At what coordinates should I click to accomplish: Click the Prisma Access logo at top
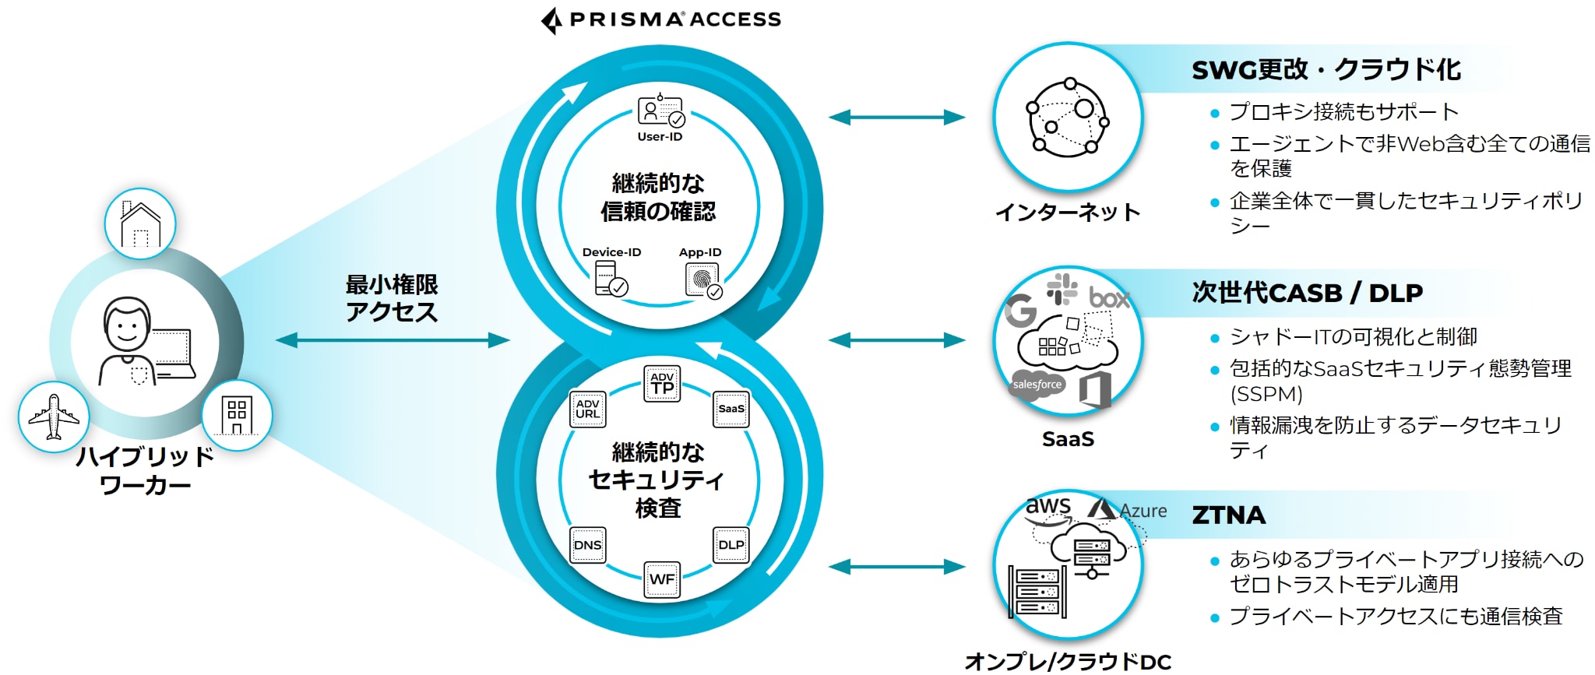pos(660,20)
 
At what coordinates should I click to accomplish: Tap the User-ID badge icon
pos(660,111)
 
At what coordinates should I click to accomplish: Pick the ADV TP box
pos(662,383)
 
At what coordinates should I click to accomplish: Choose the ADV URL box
pos(587,409)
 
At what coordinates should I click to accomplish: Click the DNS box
pos(587,545)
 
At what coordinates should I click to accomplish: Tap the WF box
pos(662,579)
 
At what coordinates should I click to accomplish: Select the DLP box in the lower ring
pos(731,545)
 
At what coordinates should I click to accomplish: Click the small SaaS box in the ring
pos(731,409)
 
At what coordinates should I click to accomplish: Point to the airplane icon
pos(54,417)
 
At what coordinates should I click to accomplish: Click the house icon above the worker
pos(140,224)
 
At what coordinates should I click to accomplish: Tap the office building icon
pos(237,416)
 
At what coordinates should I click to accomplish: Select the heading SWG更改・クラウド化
pos(1326,69)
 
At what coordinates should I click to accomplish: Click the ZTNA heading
pos(1228,515)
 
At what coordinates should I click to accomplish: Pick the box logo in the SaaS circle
pos(1109,297)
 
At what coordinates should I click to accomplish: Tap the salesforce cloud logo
pos(1037,385)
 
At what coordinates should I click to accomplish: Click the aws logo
pos(1047,508)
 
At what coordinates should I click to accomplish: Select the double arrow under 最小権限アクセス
pos(393,340)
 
